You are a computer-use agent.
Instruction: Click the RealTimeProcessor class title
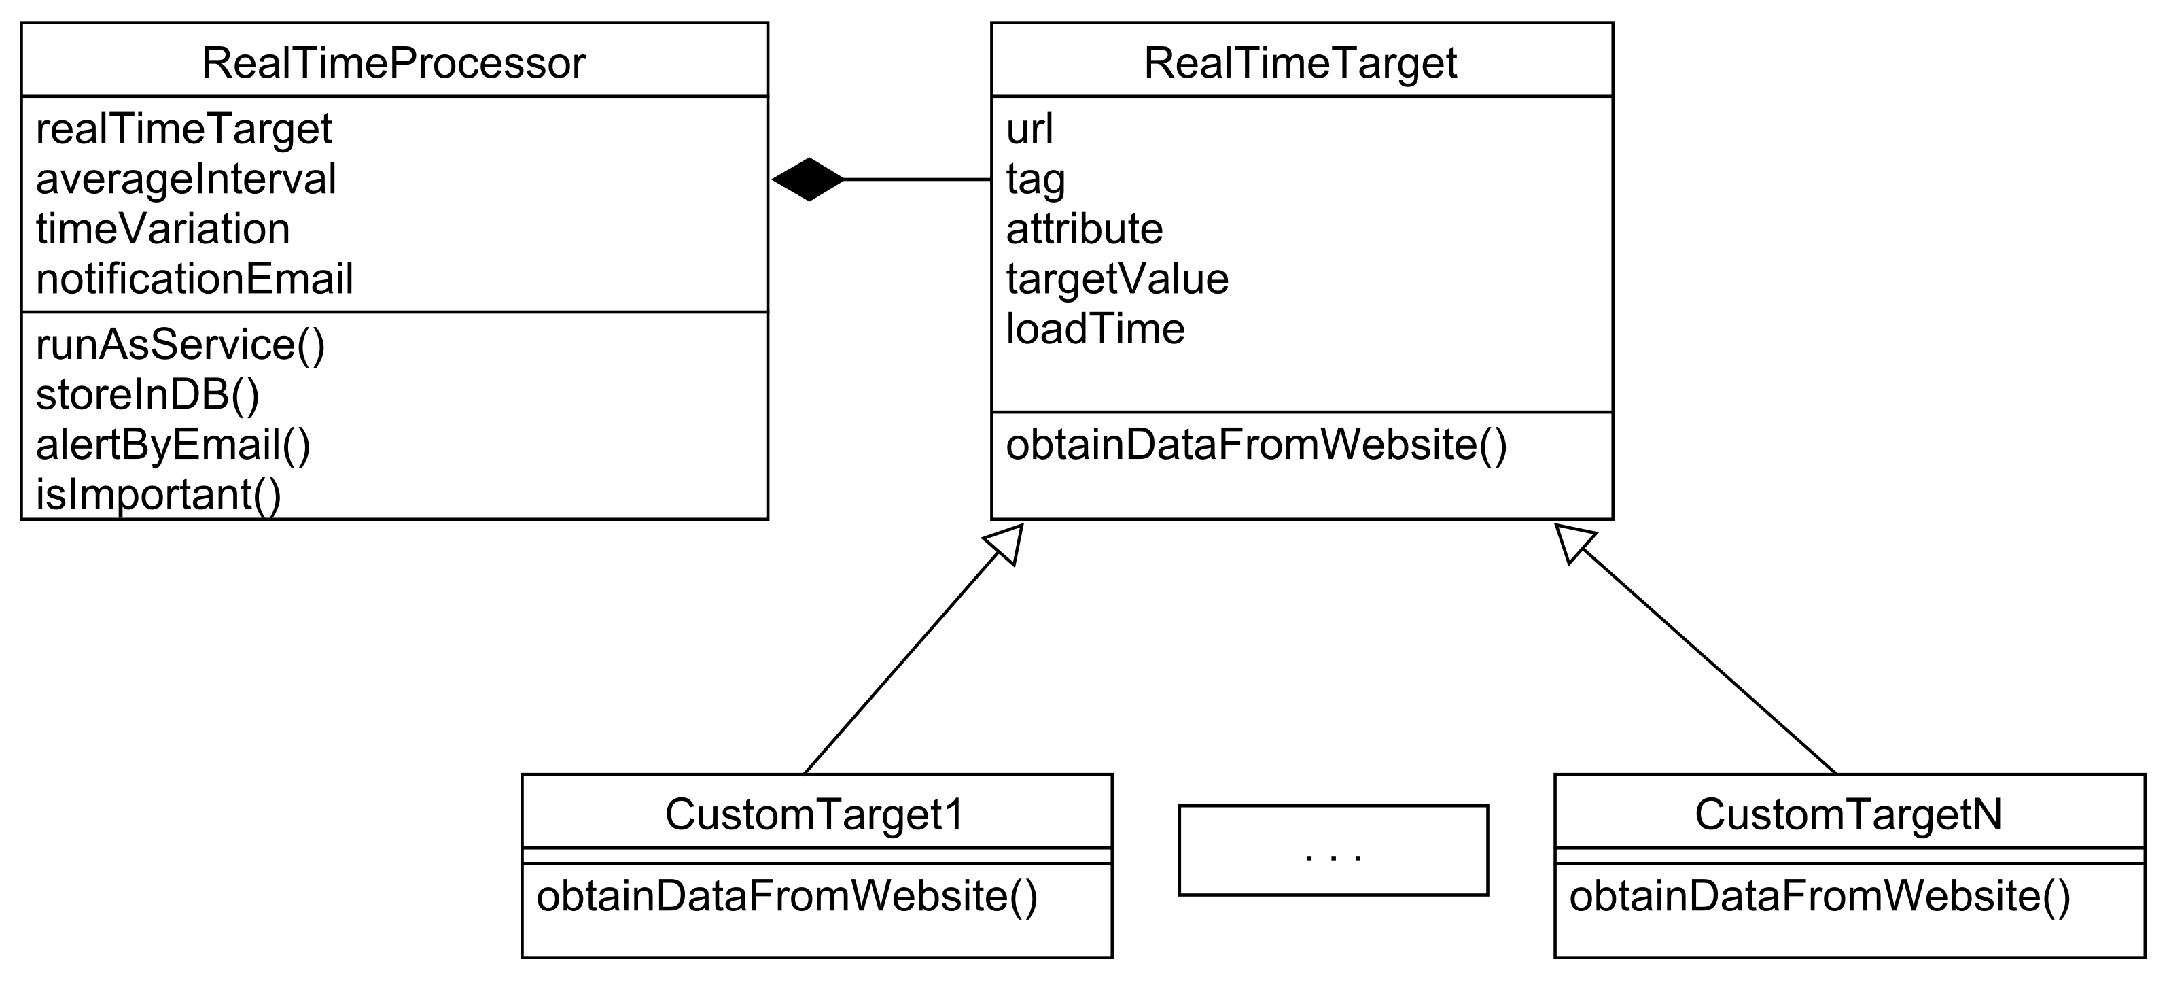point(393,63)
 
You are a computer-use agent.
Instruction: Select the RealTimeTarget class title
point(1301,63)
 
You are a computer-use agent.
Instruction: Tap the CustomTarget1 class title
point(814,814)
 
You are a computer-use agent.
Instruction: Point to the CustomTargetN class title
point(1848,814)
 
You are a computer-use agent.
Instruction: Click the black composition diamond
point(809,179)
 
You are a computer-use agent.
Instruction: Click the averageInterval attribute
point(186,179)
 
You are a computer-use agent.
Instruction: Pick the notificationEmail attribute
point(194,279)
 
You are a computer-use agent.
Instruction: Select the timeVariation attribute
point(162,229)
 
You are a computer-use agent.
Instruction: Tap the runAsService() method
point(180,345)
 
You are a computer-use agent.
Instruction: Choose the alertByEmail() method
point(173,444)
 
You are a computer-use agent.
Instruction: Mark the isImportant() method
point(158,495)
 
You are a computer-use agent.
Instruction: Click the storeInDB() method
point(147,394)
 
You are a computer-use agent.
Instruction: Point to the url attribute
point(1029,130)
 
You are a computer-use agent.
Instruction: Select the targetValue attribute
point(1116,279)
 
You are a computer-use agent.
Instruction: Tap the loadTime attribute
point(1095,329)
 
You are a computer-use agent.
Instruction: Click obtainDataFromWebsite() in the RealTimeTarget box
point(1256,444)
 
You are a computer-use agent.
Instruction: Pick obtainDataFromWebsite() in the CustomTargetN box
point(1818,896)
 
